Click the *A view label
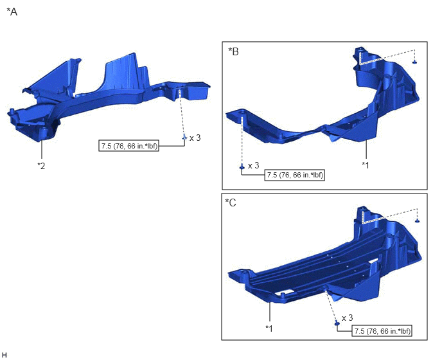coord(12,12)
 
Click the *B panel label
coord(233,51)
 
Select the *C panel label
coord(231,203)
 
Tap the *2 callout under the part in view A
coord(41,166)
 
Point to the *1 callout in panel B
coord(366,165)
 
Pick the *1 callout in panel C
coord(269,328)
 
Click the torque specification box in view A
coord(129,146)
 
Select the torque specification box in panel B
coord(295,175)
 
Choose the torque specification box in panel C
coord(382,331)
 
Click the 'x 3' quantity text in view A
coord(195,138)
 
